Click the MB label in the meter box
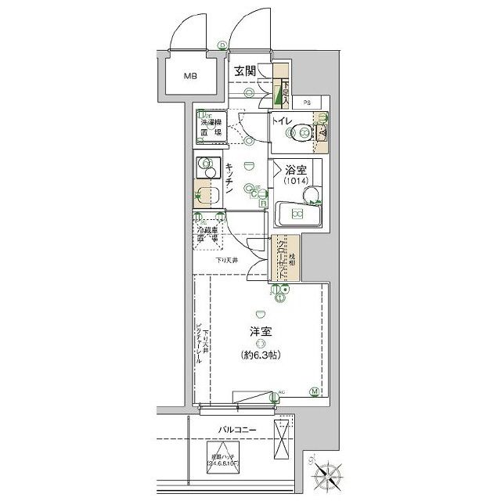coord(190,77)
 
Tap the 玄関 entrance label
coord(248,73)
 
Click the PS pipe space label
coord(308,102)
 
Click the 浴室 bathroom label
coord(294,169)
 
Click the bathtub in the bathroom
coord(297,214)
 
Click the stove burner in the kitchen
coord(207,167)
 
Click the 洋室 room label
coord(261,332)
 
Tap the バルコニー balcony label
coord(241,431)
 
